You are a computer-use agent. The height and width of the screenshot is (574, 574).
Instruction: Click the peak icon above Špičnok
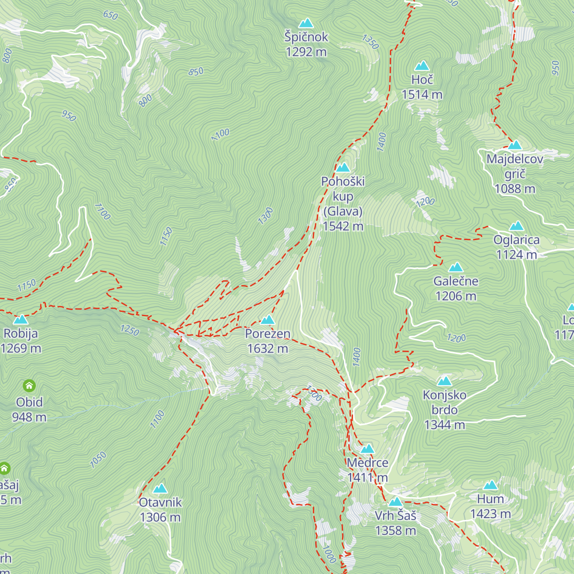point(306,23)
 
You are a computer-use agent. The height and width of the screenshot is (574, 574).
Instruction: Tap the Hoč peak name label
point(422,80)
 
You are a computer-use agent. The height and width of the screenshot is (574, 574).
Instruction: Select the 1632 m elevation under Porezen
point(267,349)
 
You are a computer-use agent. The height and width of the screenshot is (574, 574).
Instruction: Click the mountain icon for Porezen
point(267,320)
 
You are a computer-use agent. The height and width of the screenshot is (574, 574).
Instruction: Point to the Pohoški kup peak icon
point(343,167)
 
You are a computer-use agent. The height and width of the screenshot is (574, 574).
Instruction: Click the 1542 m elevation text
point(343,226)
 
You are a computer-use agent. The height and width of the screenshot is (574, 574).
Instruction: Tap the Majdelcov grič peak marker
point(515,145)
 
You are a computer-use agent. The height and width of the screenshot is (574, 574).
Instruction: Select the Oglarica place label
point(517,240)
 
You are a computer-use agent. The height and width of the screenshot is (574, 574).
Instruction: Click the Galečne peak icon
point(456,267)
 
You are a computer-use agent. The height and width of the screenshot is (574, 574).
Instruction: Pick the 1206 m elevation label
point(456,297)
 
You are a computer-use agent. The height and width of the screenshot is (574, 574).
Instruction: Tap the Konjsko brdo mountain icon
point(444,381)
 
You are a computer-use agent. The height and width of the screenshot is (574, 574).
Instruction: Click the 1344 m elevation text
point(444,425)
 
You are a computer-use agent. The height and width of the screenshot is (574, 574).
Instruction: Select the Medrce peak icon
point(367,449)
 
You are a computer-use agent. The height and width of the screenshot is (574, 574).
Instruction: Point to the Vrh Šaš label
point(395,516)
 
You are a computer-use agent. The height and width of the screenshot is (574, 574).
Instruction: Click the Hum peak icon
point(491,485)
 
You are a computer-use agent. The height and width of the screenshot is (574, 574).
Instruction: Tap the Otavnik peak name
point(160,502)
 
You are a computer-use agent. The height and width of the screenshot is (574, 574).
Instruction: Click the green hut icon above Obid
point(29,385)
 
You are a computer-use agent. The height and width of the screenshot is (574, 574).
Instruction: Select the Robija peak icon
point(21,320)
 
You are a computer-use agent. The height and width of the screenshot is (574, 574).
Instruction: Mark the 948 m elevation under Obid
point(29,417)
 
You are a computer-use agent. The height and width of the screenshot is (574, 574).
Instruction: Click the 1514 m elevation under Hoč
point(422,95)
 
